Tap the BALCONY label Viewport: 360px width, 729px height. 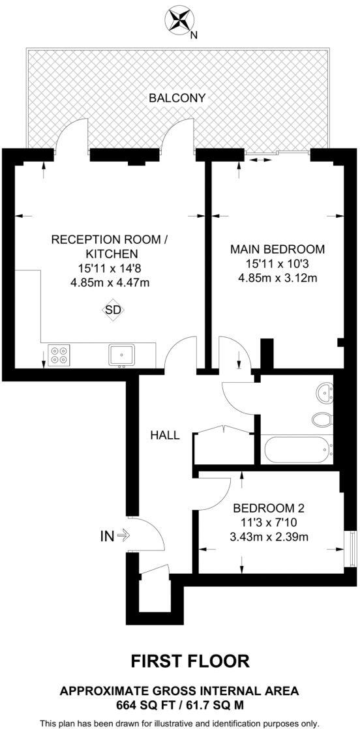[x=177, y=98]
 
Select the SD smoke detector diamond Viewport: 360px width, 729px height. [x=113, y=310]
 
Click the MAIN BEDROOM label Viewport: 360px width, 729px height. [x=277, y=249]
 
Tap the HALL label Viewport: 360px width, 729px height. [x=165, y=436]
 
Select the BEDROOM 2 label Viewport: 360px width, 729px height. [x=269, y=508]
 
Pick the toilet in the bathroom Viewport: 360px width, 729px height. [x=322, y=419]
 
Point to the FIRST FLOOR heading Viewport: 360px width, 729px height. [x=190, y=661]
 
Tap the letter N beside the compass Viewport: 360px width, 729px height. [x=194, y=35]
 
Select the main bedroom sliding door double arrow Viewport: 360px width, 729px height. [x=259, y=159]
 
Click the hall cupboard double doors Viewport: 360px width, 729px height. [x=223, y=432]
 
